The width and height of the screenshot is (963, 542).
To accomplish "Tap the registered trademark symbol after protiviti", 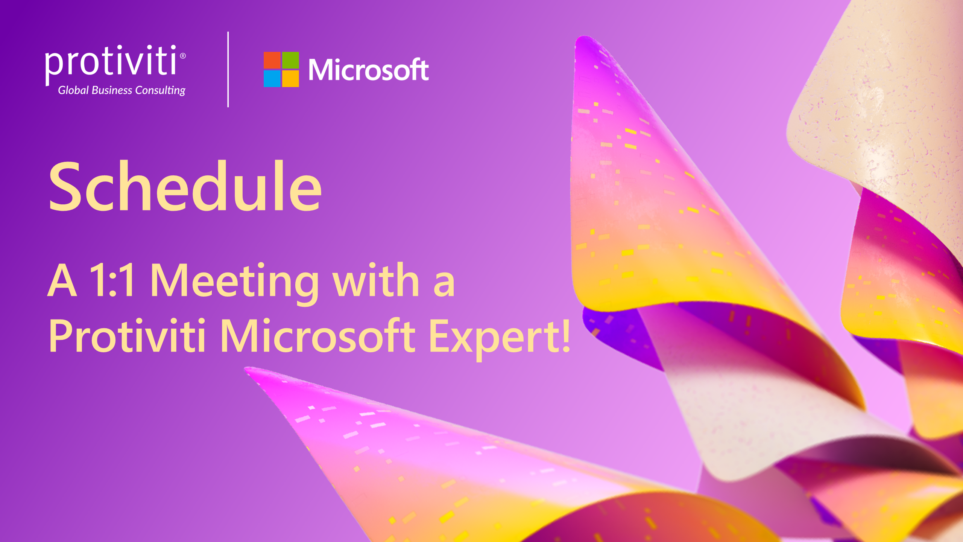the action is pos(183,56).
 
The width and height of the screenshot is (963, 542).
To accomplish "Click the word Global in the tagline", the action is pos(73,90).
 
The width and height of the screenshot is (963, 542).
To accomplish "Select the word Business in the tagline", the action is pos(112,90).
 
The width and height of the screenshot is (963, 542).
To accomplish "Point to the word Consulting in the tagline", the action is pos(160,91).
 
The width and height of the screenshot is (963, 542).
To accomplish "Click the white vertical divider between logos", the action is pos(228,70).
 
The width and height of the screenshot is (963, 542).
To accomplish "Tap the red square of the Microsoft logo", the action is pos(272,60).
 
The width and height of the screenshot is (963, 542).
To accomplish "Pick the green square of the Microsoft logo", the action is pos(290,60).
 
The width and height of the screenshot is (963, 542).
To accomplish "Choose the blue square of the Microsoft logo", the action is pos(272,79).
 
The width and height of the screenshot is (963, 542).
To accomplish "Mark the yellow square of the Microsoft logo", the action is pos(290,79).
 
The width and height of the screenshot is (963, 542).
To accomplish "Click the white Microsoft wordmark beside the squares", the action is pos(369,70).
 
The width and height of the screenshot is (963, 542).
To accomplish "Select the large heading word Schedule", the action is pos(185,186).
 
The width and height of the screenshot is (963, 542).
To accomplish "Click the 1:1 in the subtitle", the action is pos(112,280).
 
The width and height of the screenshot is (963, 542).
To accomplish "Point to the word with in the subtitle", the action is pos(376,279).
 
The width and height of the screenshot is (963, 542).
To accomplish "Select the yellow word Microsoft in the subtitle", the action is pos(318,335).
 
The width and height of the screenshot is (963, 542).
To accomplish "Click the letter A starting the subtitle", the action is pos(62,280).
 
